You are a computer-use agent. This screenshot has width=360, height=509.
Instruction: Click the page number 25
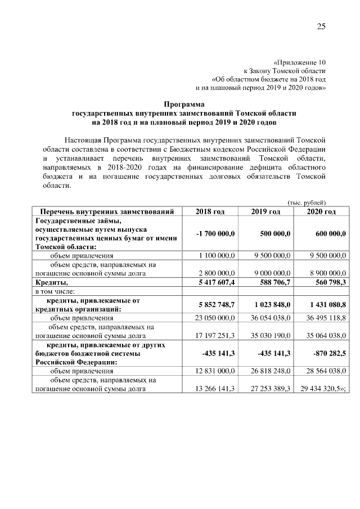coord(321,26)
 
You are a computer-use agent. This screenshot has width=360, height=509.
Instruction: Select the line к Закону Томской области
coord(284,71)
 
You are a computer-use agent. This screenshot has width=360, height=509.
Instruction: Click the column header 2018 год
coord(210,211)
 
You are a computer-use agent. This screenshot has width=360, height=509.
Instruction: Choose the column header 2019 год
coord(265,211)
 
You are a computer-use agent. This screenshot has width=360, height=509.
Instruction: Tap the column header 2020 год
coord(321,211)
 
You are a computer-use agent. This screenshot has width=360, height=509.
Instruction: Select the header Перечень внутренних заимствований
coord(108,211)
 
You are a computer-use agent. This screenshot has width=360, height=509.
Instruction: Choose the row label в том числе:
coord(55,291)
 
